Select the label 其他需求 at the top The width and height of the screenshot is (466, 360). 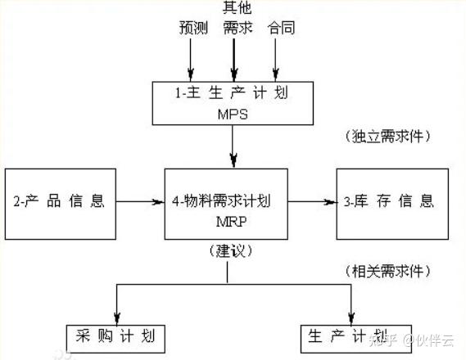tap(238, 18)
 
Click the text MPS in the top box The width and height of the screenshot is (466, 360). tap(233, 115)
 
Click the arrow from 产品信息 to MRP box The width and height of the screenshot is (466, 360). tap(139, 199)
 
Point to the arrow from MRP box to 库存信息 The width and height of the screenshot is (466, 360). tap(311, 199)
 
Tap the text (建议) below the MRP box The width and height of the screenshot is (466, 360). tap(227, 250)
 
